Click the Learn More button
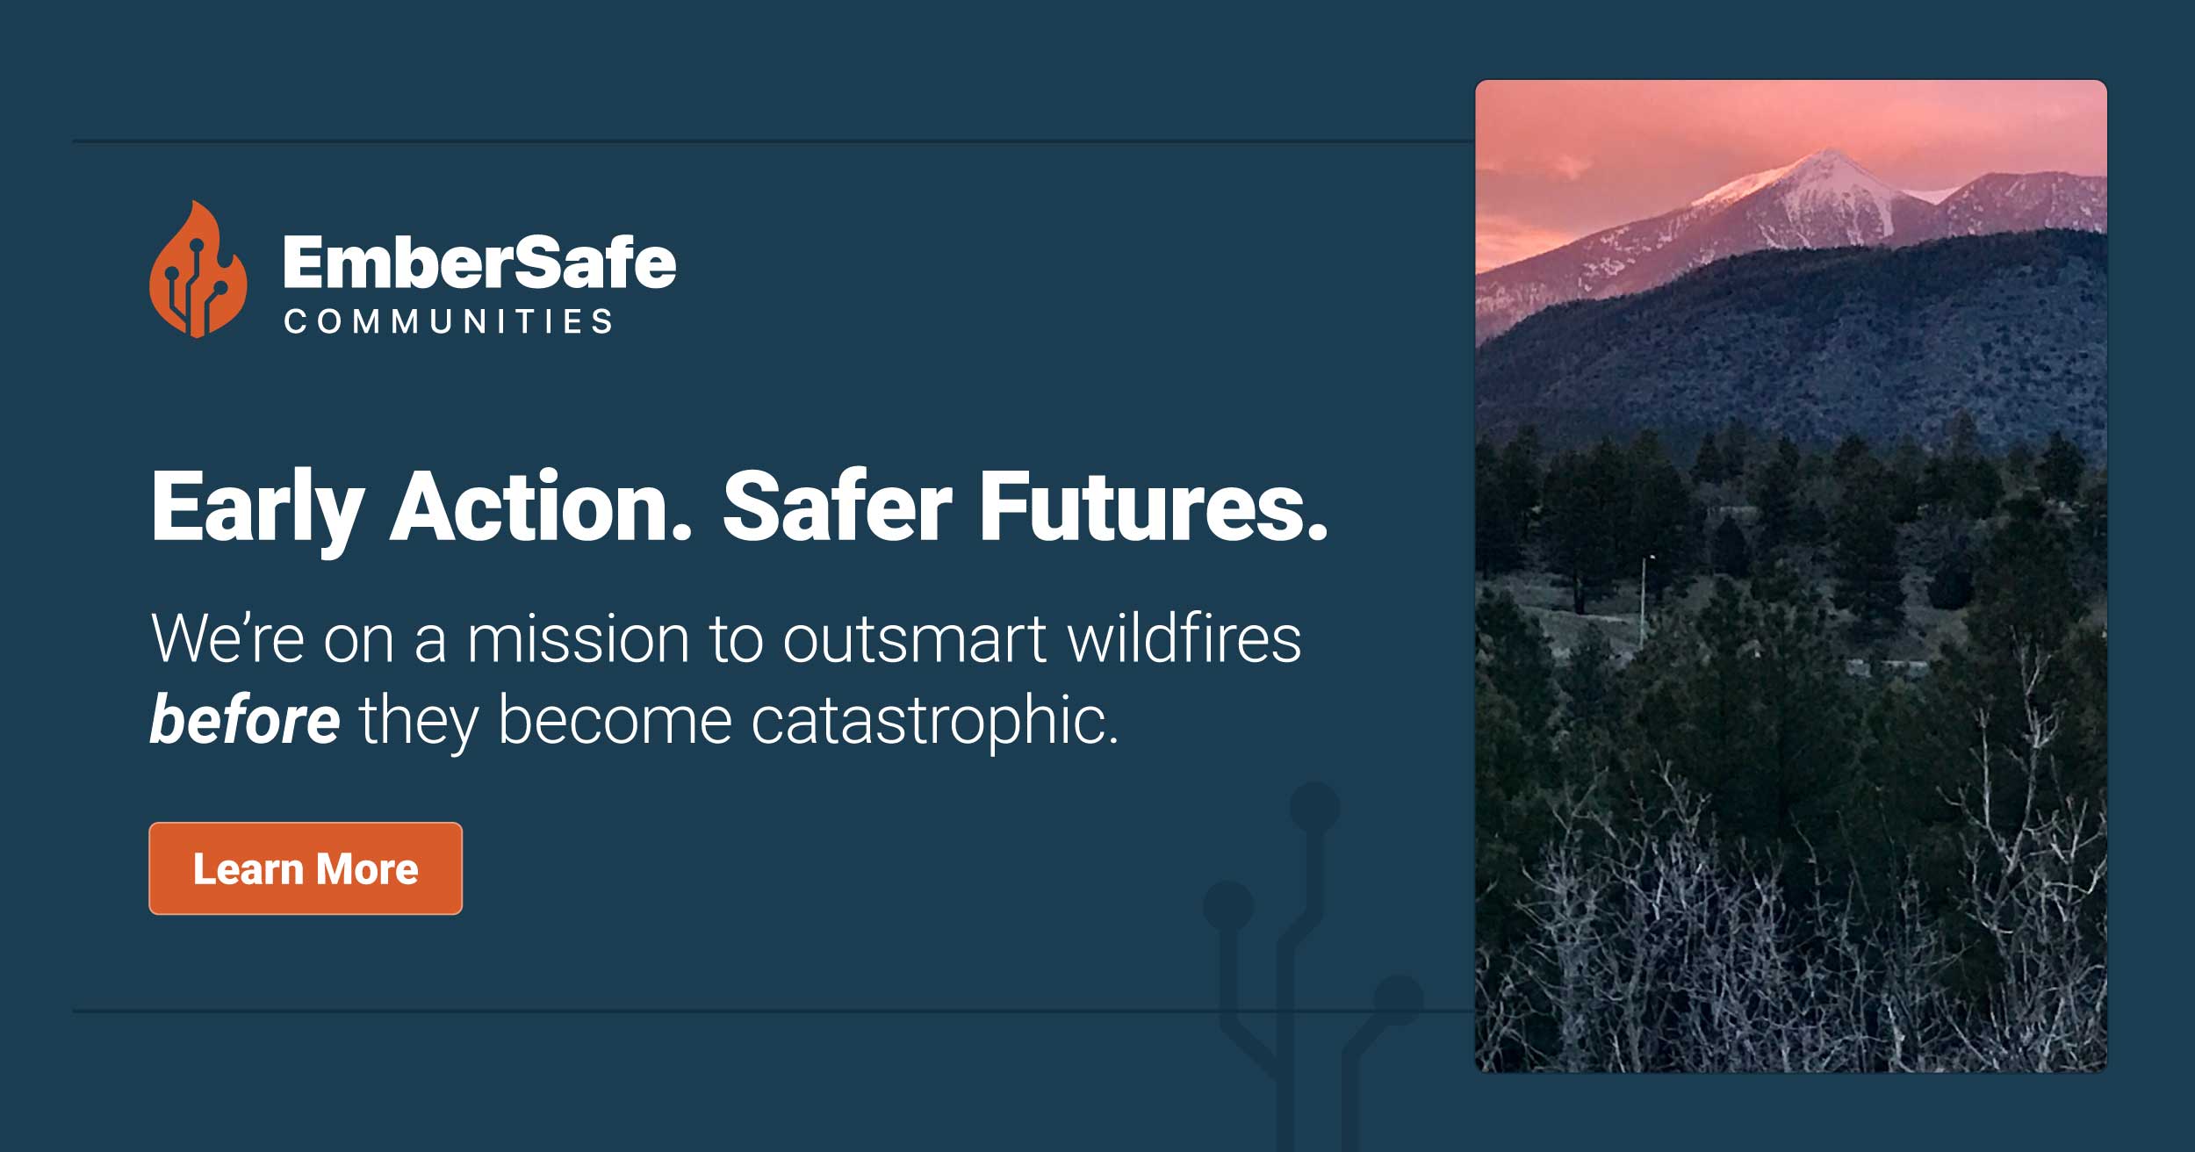point(306,868)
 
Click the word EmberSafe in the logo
point(479,263)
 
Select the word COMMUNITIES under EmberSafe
point(448,321)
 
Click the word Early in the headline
point(257,508)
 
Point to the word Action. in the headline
point(541,508)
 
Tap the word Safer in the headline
point(836,508)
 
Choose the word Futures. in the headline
point(1153,508)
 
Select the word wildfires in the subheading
point(1184,639)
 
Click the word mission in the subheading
point(578,639)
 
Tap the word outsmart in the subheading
point(913,639)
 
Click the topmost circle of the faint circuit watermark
point(1314,807)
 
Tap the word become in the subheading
point(615,720)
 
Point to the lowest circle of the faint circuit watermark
point(1398,999)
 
